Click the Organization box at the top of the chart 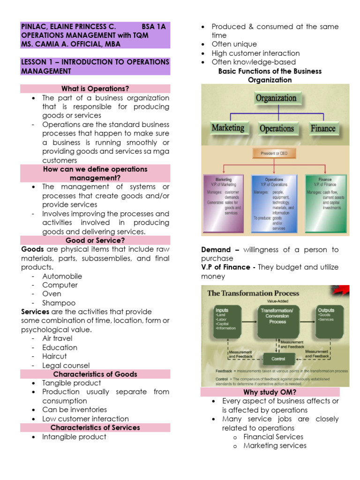coord(276,98)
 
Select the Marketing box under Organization coord(228,128)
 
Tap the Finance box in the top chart coord(323,128)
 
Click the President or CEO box coord(275,153)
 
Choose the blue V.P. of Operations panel coord(274,204)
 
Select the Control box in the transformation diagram coord(278,359)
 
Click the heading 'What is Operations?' coord(95,89)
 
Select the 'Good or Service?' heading coord(95,240)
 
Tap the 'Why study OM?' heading coord(270,392)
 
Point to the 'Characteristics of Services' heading coord(95,427)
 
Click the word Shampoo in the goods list coord(59,303)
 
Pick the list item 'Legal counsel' coord(66,365)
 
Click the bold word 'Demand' coord(216,250)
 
